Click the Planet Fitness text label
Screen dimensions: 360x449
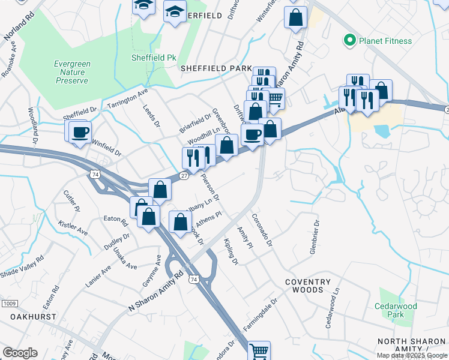coord(385,41)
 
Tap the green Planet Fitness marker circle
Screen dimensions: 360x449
coord(349,41)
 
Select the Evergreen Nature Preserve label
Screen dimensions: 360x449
coord(71,72)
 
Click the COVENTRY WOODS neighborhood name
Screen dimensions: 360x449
coord(308,286)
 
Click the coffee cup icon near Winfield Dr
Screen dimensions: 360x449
coord(80,132)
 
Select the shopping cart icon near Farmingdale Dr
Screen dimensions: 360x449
coord(259,350)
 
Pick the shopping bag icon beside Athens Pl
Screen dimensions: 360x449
coord(181,221)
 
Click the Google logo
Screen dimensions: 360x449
coord(20,353)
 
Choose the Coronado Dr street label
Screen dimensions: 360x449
coord(262,231)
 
